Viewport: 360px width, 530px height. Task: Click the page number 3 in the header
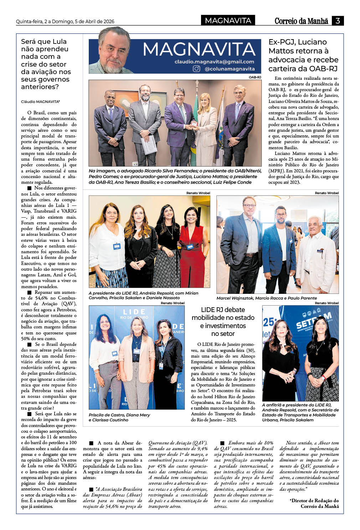[337, 21]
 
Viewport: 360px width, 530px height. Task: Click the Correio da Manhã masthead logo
[301, 21]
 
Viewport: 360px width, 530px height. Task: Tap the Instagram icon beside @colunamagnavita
[196, 69]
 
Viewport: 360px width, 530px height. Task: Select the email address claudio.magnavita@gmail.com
[214, 62]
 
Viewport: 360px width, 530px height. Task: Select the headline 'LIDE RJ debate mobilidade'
[223, 322]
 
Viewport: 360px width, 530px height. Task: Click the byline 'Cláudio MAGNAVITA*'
[40, 102]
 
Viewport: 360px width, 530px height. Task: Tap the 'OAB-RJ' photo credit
[254, 77]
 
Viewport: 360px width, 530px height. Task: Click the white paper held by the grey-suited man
[149, 144]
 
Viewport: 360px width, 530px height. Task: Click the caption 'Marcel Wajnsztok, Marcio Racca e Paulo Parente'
[267, 298]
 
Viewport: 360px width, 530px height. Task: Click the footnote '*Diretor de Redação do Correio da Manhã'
[314, 503]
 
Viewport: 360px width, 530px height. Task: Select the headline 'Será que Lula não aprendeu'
[46, 64]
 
